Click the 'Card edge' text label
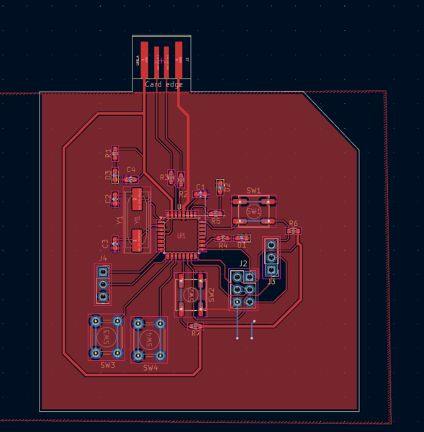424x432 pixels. pyautogui.click(x=163, y=84)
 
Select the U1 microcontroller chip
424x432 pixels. pyautogui.click(x=181, y=235)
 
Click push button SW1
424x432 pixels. pyautogui.click(x=253, y=211)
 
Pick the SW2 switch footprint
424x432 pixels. pyautogui.click(x=191, y=294)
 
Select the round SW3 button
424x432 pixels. pyautogui.click(x=107, y=337)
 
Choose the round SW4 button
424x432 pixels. pyautogui.click(x=150, y=338)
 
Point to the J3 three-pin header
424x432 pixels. pyautogui.click(x=271, y=258)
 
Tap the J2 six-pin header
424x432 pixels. pyautogui.click(x=243, y=289)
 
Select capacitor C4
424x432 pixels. pyautogui.click(x=131, y=179)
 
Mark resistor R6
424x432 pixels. pyautogui.click(x=292, y=231)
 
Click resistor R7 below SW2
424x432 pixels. pyautogui.click(x=196, y=327)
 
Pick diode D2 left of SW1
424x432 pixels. pyautogui.click(x=220, y=187)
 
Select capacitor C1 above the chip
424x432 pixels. pyautogui.click(x=201, y=194)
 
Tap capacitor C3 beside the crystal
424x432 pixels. pyautogui.click(x=114, y=245)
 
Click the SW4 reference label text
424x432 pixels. pyautogui.click(x=150, y=368)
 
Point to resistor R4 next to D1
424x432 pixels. pyautogui.click(x=222, y=238)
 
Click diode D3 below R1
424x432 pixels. pyautogui.click(x=114, y=174)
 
